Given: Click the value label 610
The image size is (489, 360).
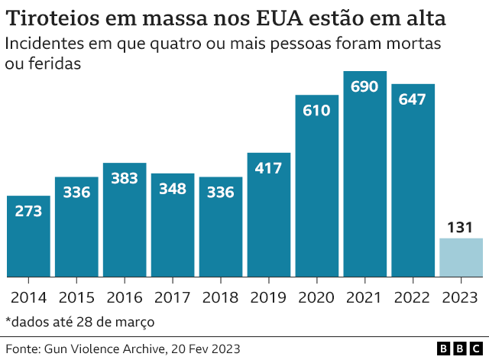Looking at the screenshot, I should pyautogui.click(x=317, y=110).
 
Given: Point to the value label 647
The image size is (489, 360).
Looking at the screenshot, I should pyautogui.click(x=413, y=99).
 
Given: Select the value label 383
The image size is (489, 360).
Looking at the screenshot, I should pyautogui.click(x=125, y=178).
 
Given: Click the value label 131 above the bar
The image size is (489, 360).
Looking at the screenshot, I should pyautogui.click(x=461, y=227).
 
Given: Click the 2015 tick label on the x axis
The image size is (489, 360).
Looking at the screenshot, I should pyautogui.click(x=76, y=297).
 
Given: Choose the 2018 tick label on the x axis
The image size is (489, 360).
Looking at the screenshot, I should pyautogui.click(x=221, y=297).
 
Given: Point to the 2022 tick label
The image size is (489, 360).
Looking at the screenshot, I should pyautogui.click(x=413, y=297).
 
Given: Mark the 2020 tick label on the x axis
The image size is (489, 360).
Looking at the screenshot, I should pyautogui.click(x=317, y=297).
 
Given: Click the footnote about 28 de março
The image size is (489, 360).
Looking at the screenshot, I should pyautogui.click(x=79, y=321).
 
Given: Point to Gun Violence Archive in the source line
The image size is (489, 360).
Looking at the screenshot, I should pyautogui.click(x=106, y=349).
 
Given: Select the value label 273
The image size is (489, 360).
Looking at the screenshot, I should pyautogui.click(x=28, y=211).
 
